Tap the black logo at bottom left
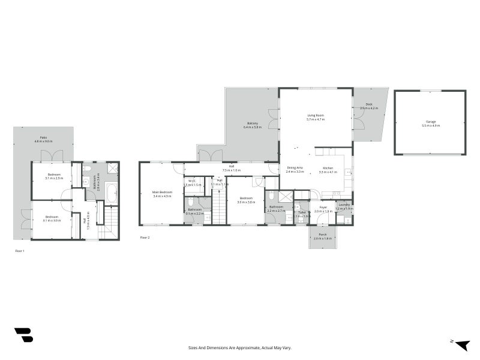[x=23, y=335]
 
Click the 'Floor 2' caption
[x=145, y=238]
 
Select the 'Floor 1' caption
[x=20, y=250]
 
